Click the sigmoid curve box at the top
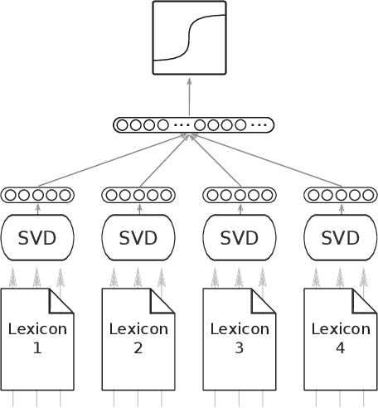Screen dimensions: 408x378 189,37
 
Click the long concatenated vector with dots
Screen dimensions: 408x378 191,125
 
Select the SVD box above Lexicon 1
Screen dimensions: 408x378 36,238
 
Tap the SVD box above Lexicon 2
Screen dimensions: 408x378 138,238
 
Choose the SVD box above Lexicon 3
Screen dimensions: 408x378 239,238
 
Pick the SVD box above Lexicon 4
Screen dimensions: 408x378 340,238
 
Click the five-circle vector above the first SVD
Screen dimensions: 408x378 36,196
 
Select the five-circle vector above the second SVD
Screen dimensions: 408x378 138,196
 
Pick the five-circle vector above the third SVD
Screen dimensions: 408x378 239,196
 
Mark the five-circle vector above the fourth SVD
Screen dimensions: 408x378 340,196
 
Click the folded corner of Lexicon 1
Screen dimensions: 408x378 62,299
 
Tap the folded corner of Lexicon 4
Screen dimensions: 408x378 366,299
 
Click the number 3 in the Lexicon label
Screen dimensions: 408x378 239,348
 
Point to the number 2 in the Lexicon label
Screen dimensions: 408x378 138,348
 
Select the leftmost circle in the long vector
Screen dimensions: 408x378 123,125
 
